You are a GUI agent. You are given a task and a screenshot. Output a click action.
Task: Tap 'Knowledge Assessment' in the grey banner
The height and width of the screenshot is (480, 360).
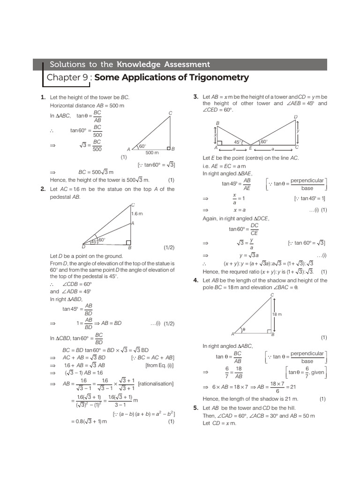163,64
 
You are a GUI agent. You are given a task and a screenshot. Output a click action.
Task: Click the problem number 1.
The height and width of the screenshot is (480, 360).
43,97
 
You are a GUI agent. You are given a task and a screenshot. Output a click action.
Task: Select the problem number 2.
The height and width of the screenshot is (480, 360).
43,189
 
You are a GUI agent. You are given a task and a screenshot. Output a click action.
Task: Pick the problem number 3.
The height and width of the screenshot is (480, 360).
196,97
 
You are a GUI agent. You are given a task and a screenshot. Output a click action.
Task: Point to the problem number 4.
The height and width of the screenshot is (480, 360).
196,280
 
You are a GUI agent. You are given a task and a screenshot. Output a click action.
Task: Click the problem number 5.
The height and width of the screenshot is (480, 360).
196,408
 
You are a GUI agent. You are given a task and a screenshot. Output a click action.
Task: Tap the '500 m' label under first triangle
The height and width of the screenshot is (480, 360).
152,153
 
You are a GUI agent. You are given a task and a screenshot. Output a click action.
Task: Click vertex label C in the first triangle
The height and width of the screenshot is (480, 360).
170,112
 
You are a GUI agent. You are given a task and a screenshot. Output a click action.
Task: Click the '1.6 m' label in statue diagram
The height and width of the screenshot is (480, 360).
137,214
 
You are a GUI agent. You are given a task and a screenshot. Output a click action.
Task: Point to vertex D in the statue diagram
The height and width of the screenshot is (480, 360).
83,247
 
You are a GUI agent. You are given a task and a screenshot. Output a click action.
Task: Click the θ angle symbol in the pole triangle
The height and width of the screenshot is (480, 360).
243,330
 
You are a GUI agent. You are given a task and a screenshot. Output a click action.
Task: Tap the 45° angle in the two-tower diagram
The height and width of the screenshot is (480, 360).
237,142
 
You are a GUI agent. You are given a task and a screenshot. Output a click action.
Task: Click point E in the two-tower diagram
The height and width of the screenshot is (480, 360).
250,147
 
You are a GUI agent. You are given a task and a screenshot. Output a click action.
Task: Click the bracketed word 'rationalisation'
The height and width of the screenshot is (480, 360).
156,384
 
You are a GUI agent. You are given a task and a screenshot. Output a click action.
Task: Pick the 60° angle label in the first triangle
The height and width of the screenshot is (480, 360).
142,146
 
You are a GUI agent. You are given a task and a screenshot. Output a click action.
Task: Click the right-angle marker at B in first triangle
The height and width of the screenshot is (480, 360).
167,146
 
